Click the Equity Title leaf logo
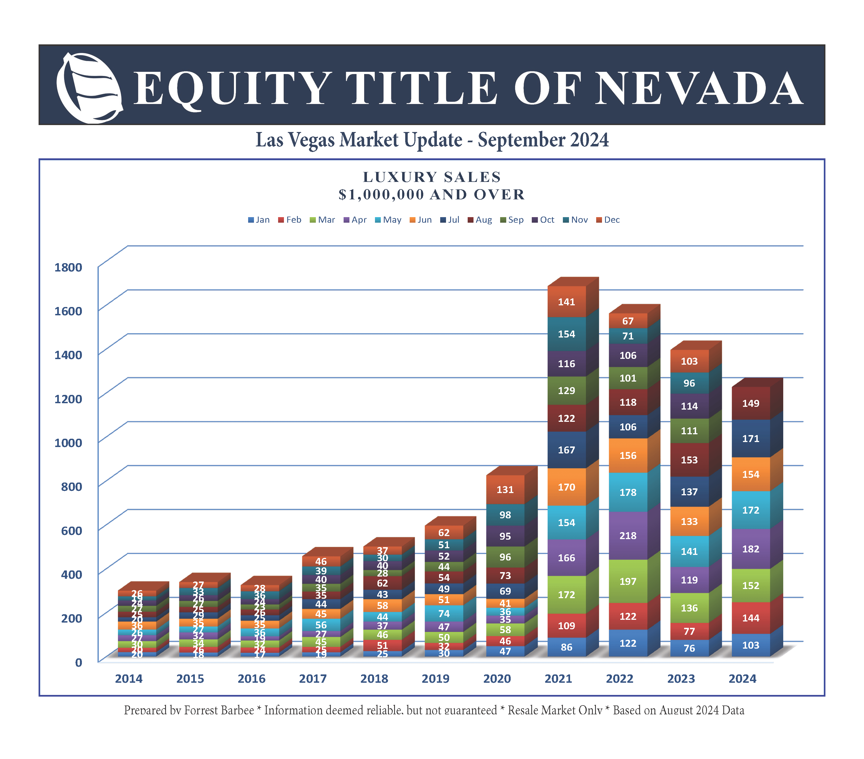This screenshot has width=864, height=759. click(89, 87)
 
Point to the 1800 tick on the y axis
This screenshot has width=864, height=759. click(68, 267)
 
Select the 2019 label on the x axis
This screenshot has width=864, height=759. click(435, 679)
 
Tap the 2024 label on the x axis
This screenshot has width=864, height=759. click(742, 679)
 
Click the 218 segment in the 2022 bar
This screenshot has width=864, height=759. click(628, 535)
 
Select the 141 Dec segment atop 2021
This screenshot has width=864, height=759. click(566, 302)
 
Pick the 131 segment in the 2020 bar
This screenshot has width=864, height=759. click(505, 489)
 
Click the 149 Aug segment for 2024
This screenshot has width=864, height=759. click(751, 403)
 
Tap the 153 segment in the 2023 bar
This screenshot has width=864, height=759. click(689, 460)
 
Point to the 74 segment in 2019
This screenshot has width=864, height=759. click(444, 613)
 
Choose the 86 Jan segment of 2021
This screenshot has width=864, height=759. click(566, 647)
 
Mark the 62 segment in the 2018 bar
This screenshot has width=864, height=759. click(382, 583)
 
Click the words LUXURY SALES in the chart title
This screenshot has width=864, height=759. click(432, 177)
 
